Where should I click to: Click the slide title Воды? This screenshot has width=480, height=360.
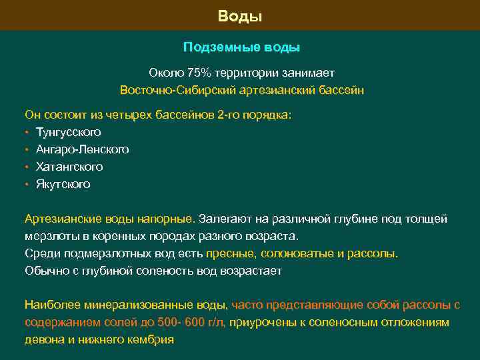(240, 15)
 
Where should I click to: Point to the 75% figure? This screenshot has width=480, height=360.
(198, 73)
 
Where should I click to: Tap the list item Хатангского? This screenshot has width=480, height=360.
(69, 167)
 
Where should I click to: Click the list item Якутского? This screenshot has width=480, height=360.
(63, 184)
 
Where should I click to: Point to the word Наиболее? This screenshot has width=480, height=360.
(53, 305)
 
